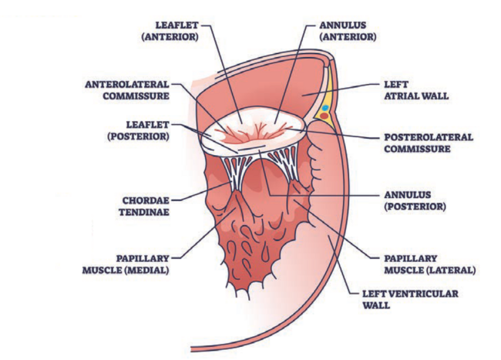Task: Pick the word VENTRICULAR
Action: (x=426, y=294)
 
